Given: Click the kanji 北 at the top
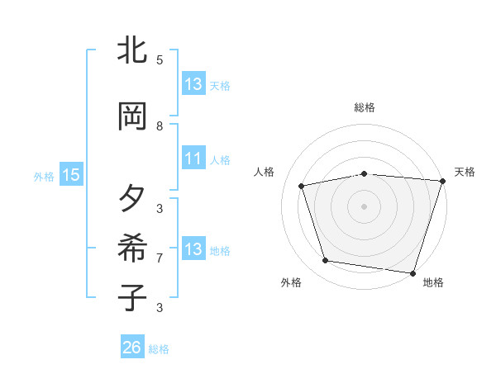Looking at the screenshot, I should tap(133, 52).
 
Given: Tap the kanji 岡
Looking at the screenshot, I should tap(133, 117).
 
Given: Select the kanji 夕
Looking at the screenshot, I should tap(133, 199).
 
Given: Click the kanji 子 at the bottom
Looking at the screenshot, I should tap(133, 298).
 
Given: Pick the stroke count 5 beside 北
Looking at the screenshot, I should tap(160, 60).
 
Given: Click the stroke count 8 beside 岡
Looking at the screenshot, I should tap(160, 126).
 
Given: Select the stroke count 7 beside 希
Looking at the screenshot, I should tap(160, 258).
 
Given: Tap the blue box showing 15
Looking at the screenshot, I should tap(70, 174).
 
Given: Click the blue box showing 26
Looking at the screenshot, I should tap(131, 348).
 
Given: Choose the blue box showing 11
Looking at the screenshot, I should tap(193, 159).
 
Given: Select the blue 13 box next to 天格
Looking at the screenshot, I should tap(193, 84).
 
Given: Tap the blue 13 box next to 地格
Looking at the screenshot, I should tap(193, 249).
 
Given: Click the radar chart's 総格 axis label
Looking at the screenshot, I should tap(365, 107).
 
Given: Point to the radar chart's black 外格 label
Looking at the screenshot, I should tap(291, 283).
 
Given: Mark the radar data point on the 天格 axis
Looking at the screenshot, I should tap(441, 182).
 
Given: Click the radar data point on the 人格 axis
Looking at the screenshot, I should tap(302, 186).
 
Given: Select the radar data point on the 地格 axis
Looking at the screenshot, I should tap(413, 272).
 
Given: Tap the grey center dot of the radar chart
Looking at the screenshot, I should tap(365, 206).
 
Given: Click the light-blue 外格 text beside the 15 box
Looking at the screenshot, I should tap(44, 176).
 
